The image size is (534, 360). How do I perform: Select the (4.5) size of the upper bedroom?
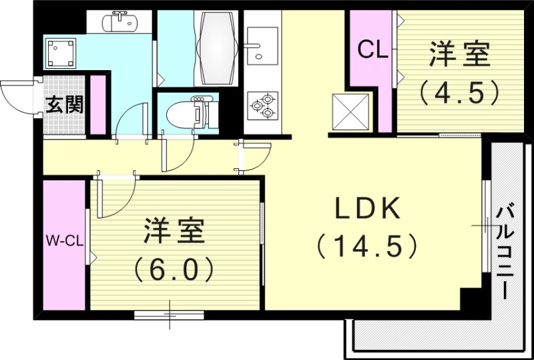click(459, 92)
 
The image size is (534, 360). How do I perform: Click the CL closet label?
click(372, 49)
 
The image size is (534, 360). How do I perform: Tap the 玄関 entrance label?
click(65, 105)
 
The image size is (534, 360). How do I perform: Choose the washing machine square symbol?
click(61, 52)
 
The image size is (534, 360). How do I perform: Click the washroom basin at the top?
click(120, 22)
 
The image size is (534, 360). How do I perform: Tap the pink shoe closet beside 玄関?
click(98, 106)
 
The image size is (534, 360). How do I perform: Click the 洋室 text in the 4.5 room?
click(459, 55)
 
